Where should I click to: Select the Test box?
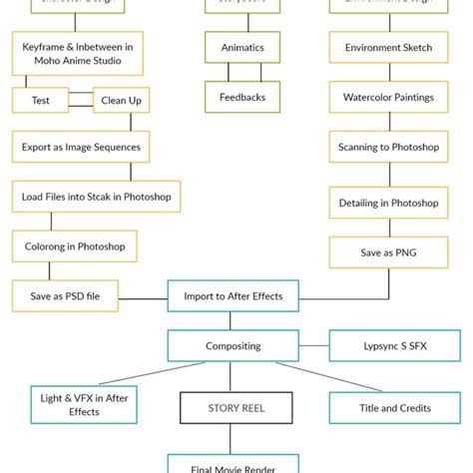[40, 100]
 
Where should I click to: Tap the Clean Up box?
[121, 101]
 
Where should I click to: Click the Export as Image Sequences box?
[82, 148]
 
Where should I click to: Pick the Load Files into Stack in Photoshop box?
[97, 197]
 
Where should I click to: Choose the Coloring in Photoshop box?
[75, 245]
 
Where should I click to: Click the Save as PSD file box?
[65, 295]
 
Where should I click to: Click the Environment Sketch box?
[388, 47]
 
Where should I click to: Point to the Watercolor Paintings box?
[388, 97]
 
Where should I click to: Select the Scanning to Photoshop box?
[388, 148]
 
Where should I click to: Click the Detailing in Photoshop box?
[388, 203]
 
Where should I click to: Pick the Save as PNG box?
[388, 252]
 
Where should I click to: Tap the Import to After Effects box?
[233, 295]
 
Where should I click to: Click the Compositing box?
[233, 346]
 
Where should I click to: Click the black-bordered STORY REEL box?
[236, 407]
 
